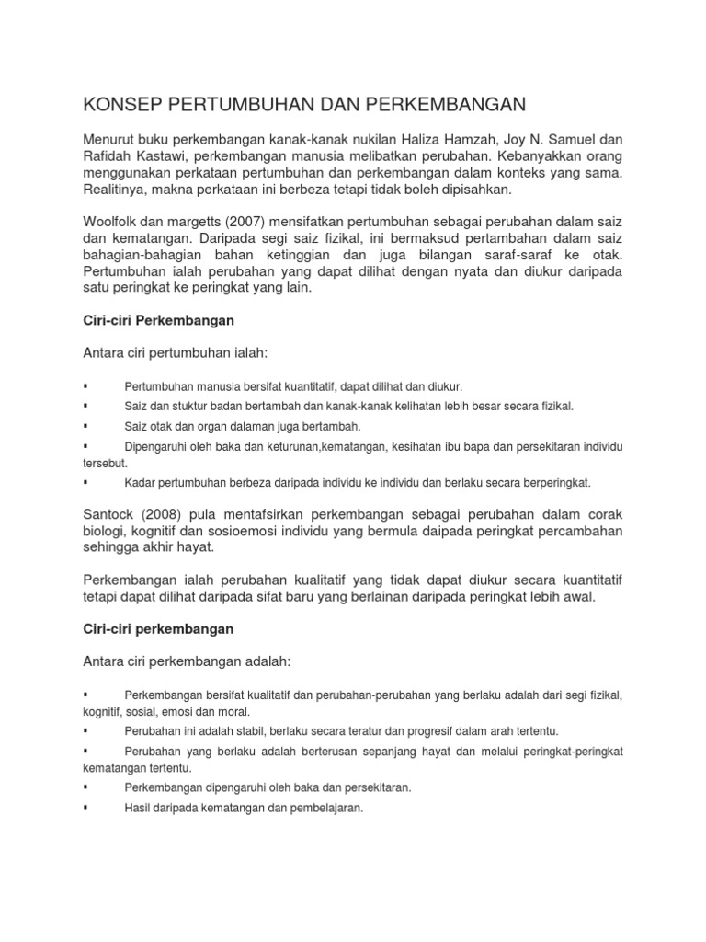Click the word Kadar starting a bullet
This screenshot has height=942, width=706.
pyautogui.click(x=140, y=482)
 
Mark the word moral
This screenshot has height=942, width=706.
pyautogui.click(x=233, y=712)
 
